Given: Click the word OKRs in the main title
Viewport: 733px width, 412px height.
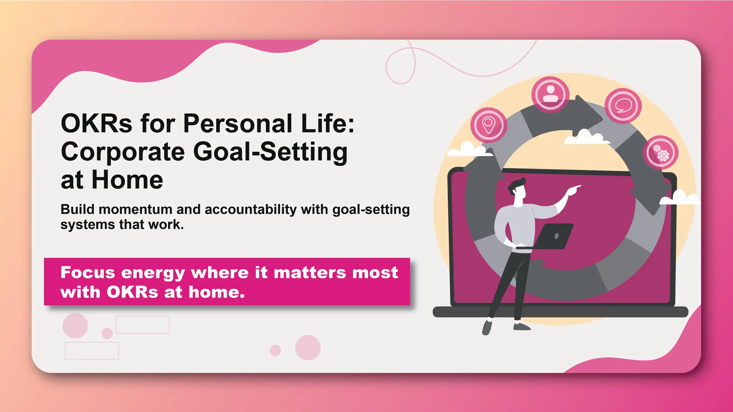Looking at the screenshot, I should (97, 123).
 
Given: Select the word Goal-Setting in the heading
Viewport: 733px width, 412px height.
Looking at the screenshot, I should (270, 152).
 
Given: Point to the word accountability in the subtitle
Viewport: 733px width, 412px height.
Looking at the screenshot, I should (250, 209).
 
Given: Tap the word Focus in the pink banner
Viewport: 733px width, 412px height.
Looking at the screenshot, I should (88, 272).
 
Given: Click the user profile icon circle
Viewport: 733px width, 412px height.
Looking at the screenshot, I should (550, 94).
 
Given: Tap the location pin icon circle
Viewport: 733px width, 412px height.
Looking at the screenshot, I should (489, 125).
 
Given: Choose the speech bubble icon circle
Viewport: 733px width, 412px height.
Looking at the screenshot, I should (623, 106).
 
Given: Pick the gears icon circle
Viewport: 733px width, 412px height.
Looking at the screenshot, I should (661, 153).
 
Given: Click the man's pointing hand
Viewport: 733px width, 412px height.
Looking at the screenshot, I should (574, 189).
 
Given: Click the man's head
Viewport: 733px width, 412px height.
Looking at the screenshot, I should (518, 189).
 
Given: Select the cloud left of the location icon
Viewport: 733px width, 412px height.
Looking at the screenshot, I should (467, 150).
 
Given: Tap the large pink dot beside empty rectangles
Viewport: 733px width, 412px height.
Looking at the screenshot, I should (75, 326).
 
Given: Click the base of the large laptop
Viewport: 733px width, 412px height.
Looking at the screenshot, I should (560, 312).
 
